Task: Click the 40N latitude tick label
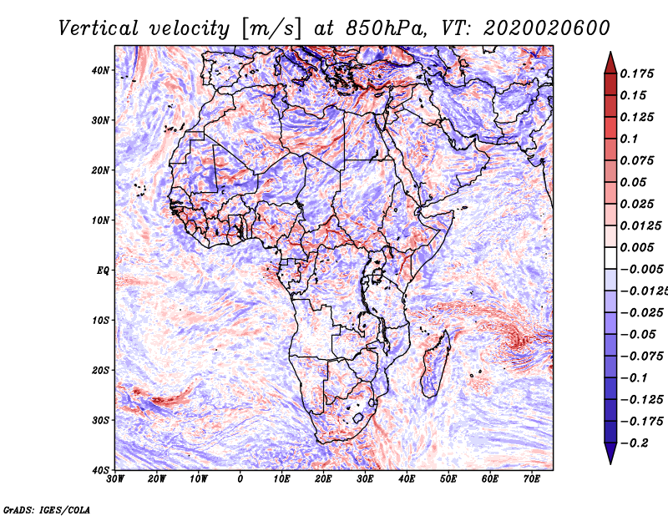click(100, 70)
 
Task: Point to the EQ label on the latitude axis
click(103, 271)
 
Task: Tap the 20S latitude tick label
click(100, 370)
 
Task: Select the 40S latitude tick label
click(100, 470)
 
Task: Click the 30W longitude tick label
click(115, 479)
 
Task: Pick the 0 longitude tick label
click(240, 479)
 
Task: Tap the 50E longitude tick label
click(448, 479)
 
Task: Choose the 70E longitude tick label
click(532, 479)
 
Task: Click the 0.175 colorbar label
click(637, 73)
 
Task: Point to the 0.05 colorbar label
click(633, 182)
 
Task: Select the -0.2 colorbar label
click(634, 443)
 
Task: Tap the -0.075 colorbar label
click(641, 357)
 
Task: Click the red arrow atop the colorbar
click(610, 63)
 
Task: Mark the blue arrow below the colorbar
click(610, 453)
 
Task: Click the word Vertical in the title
click(99, 28)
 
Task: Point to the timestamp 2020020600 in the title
click(547, 28)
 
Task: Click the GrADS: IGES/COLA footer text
click(47, 509)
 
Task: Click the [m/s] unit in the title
click(271, 29)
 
